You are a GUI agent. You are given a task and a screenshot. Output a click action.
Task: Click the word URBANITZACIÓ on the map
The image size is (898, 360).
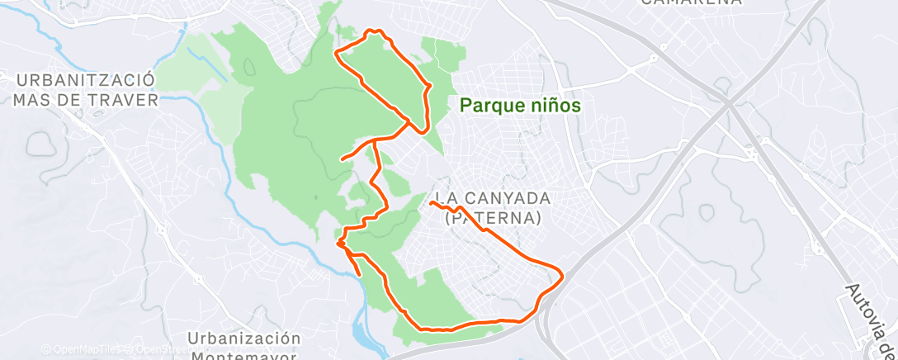[x=87, y=80]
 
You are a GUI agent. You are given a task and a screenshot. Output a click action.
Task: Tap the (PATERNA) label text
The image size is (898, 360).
[x=493, y=218]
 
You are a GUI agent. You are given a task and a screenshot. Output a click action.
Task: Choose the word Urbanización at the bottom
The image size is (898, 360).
[x=243, y=339]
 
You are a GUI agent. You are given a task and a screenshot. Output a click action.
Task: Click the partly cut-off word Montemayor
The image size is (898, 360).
[x=243, y=356]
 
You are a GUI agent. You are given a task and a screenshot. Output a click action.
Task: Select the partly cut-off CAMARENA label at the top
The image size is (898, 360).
[x=691, y=2]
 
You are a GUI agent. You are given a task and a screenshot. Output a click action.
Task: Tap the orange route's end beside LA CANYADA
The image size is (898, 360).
[x=432, y=201]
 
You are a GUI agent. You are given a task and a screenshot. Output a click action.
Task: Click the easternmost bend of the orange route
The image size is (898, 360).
[x=563, y=274]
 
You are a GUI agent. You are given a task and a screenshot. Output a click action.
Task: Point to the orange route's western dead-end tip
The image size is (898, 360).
[x=342, y=159]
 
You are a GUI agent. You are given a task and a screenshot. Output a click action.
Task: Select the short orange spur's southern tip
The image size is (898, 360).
[x=359, y=274]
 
